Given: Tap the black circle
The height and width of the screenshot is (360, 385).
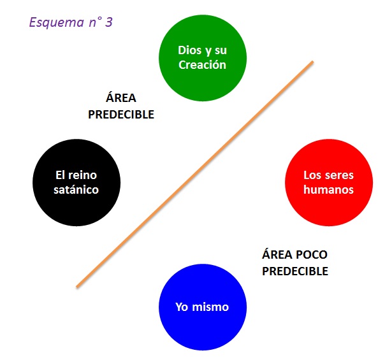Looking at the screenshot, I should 76,182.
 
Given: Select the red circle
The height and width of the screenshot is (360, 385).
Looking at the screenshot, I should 328,182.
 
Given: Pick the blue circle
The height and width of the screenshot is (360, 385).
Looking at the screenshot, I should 202,307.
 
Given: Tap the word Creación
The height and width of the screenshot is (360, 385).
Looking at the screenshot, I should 202,64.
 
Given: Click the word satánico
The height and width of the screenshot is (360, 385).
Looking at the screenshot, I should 76,189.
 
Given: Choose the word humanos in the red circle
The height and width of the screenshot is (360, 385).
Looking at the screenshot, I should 328,189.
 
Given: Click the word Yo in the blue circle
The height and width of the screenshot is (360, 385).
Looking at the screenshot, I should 182,307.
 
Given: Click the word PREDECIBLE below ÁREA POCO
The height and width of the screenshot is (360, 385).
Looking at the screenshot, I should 295,271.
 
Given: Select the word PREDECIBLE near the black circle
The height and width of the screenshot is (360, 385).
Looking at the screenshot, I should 121,115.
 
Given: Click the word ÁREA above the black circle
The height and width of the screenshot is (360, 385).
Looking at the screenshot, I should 121,99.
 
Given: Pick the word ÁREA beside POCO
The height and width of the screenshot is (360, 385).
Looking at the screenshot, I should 276,255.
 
